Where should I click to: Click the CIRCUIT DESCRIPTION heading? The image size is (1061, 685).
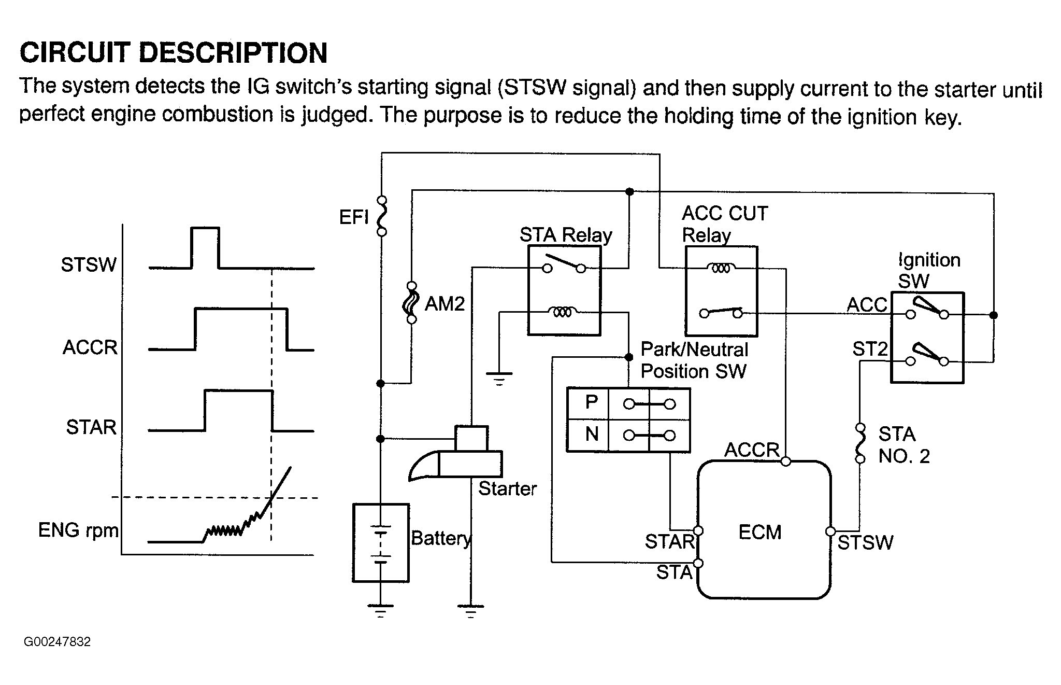[x=174, y=53]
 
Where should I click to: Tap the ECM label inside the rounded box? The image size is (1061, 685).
[x=759, y=533]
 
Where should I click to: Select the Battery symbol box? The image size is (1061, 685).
[x=381, y=542]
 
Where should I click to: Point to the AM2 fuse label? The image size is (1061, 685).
[x=445, y=304]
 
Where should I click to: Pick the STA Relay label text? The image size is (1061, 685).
[x=565, y=235]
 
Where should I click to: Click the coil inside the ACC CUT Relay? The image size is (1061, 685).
[x=721, y=268]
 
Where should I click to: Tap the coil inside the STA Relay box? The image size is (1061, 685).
[x=563, y=312]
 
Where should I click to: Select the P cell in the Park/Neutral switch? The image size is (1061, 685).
[x=591, y=402]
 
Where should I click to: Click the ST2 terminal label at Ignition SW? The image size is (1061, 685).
[x=870, y=350]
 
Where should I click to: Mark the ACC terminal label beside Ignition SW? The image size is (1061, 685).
[x=867, y=305]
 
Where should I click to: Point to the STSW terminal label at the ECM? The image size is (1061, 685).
[x=865, y=543]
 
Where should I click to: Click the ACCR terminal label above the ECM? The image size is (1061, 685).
[x=752, y=450]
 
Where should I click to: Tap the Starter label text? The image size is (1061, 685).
[x=507, y=488]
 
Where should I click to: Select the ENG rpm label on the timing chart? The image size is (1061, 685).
[x=78, y=530]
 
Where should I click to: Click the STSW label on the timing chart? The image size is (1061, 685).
[x=89, y=265]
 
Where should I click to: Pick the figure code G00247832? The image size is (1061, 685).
[x=57, y=642]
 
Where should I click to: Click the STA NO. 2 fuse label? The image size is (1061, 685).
[x=904, y=445]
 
